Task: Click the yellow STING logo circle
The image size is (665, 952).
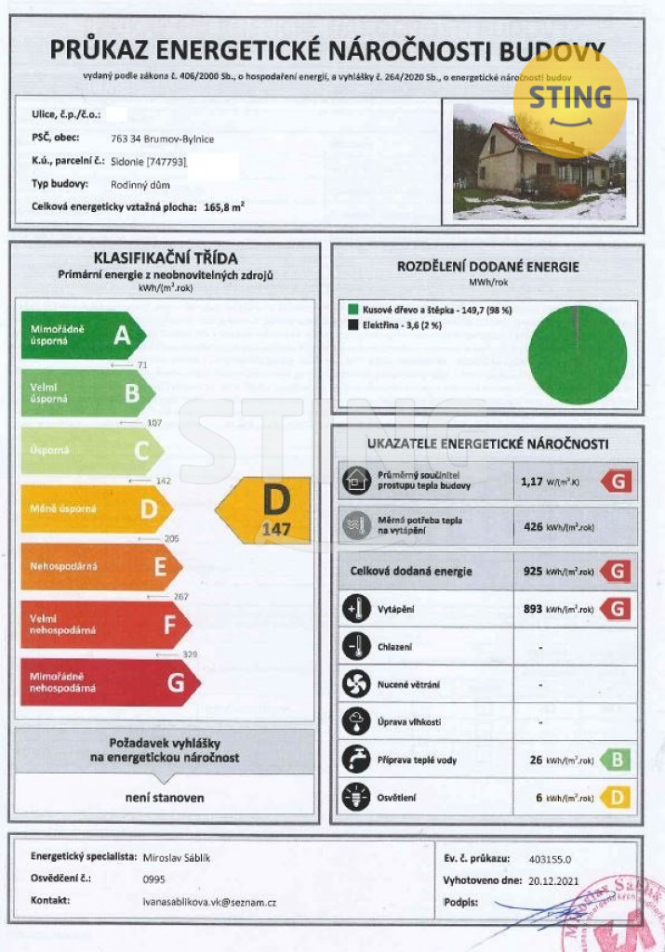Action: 569,99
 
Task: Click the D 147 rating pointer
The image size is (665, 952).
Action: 264,510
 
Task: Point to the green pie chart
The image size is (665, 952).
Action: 578,354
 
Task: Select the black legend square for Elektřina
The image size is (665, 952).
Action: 353,325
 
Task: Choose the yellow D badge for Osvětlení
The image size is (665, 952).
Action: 618,797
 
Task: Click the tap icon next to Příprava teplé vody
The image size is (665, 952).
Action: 355,760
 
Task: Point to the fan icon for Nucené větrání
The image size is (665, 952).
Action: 355,684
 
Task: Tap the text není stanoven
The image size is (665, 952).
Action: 165,798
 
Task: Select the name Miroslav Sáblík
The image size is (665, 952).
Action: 177,857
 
